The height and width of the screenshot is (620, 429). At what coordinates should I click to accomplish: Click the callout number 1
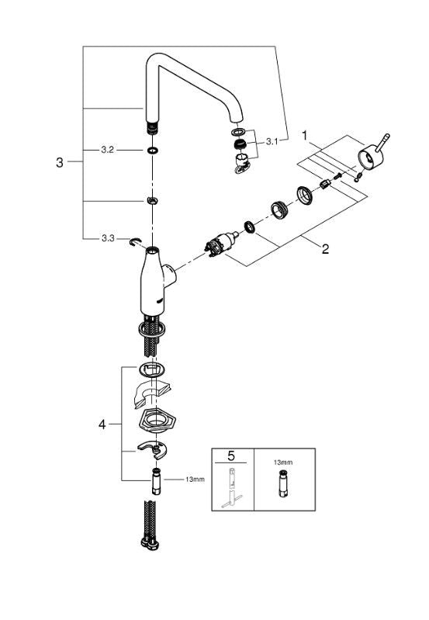coord(305,134)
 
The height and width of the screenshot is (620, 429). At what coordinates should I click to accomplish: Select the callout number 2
coord(325,249)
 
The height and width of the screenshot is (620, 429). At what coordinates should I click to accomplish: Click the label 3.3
coord(108,238)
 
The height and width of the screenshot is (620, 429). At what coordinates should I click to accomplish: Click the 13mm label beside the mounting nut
coord(194,480)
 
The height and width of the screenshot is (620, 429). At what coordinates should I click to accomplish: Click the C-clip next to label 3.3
coord(136,242)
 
